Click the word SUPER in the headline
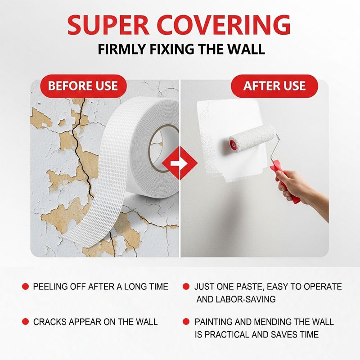tap(108, 25)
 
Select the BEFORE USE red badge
tap(83, 86)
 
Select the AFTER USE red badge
tap(274, 86)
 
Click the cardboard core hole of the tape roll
tap(161, 149)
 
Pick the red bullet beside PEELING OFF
tap(25, 286)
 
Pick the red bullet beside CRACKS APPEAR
tap(25, 322)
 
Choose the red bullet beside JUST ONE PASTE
tap(186, 286)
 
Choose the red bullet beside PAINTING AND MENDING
tap(186, 322)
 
